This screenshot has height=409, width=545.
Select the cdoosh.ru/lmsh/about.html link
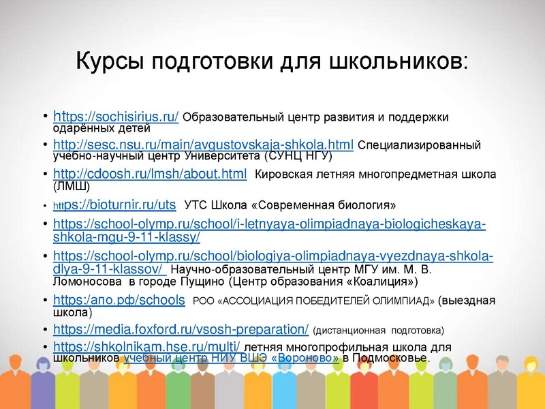(150, 175)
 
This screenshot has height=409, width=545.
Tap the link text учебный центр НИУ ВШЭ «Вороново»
(232, 358)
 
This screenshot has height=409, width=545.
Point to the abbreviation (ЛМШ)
(71, 185)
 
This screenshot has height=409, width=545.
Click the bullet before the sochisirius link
(44, 117)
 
